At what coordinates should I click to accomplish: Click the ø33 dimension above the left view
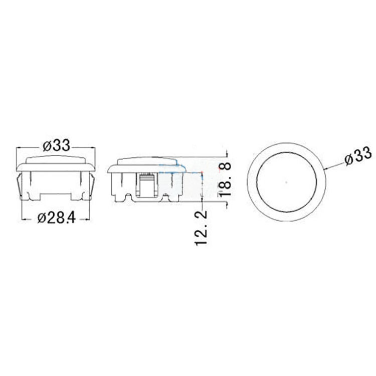pyautogui.click(x=57, y=145)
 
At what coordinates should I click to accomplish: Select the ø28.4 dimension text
pyautogui.click(x=57, y=218)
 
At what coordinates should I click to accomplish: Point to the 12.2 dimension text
pyautogui.click(x=201, y=228)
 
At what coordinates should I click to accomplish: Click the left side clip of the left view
pyautogui.click(x=20, y=186)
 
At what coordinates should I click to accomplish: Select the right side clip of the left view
pyautogui.click(x=92, y=186)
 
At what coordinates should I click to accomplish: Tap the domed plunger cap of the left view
pyautogui.click(x=56, y=160)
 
